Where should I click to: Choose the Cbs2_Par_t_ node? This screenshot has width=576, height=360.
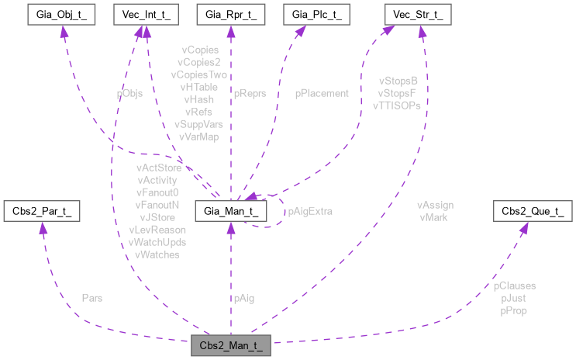[42, 210]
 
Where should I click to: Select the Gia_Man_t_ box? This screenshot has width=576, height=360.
[229, 210]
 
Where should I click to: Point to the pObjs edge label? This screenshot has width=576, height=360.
[129, 93]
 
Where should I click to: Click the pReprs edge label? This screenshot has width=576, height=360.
[249, 93]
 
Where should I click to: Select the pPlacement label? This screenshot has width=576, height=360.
[322, 93]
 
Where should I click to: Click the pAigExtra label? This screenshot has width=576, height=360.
[310, 211]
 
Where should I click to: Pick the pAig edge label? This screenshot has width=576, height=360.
[243, 297]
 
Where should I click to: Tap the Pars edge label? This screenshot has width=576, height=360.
[91, 297]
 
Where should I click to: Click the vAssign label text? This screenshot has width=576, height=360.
[435, 206]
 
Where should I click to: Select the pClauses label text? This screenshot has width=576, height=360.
[514, 286]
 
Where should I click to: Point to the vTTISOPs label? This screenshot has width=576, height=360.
[397, 105]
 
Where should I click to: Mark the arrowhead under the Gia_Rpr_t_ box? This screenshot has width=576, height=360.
[229, 32]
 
